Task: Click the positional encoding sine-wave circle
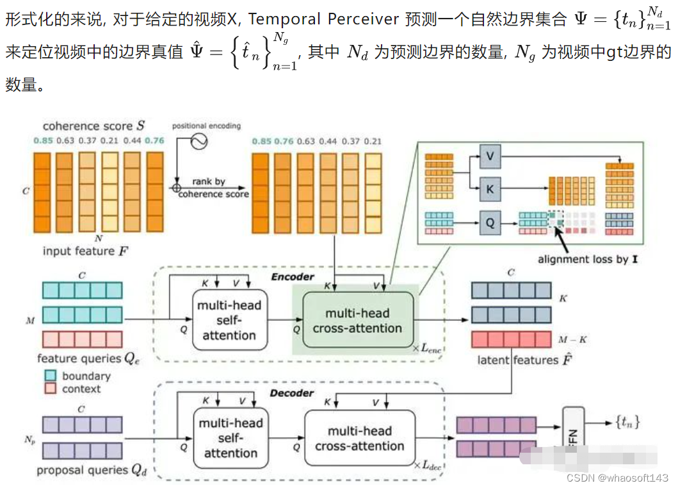197,142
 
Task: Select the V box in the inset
490,156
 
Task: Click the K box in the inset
490,190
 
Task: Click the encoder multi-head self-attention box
229,320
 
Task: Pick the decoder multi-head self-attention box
230,438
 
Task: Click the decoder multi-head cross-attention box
359,438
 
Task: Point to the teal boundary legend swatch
51,376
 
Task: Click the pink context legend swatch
51,389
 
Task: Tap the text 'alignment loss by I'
586,260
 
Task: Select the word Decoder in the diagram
291,392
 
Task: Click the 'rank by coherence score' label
213,188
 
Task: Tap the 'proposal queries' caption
92,470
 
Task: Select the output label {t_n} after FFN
627,422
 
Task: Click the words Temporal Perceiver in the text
324,19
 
